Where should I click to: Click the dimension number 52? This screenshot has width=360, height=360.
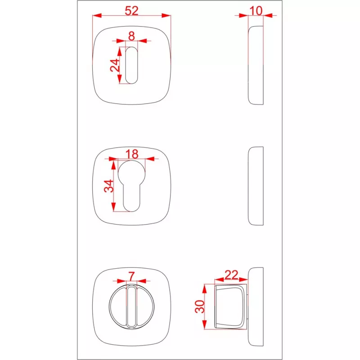coord(131,11)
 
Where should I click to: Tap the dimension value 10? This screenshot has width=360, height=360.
coord(256,11)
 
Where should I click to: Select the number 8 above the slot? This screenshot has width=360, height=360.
coord(131,36)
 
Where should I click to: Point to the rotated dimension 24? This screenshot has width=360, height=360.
coord(115,65)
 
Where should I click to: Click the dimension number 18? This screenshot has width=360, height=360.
coord(132,154)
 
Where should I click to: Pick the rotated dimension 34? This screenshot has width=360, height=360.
coord(109,186)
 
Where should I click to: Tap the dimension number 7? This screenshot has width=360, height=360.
coord(131,276)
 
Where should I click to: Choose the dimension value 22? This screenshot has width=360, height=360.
coord(231,274)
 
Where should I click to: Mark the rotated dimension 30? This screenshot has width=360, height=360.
coord(200,306)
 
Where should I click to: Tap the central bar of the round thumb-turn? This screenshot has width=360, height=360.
coord(131,306)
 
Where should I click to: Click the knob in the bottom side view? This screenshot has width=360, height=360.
coord(230,306)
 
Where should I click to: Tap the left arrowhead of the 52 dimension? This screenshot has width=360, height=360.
coord(97,16)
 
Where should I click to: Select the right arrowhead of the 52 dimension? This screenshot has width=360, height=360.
coord(166,16)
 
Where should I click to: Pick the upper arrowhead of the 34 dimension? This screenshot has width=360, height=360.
coord(113,165)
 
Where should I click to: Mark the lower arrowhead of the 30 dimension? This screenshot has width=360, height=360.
coord(205,324)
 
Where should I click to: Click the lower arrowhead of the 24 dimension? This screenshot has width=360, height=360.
coord(119,79)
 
